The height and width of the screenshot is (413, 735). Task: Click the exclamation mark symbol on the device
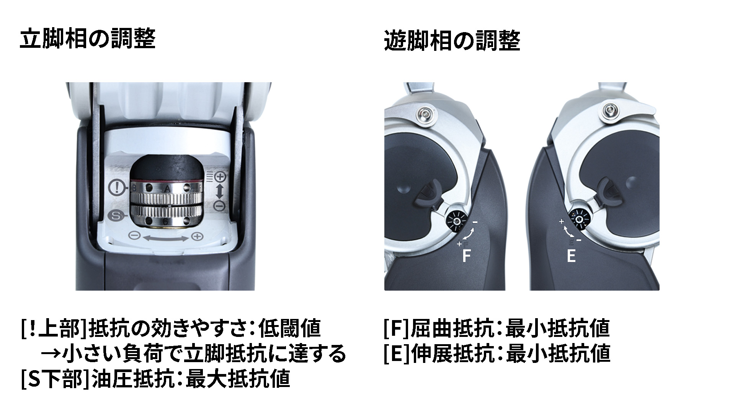point(115,187)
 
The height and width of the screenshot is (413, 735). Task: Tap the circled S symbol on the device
point(115,216)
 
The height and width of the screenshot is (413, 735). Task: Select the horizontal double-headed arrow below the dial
point(165,238)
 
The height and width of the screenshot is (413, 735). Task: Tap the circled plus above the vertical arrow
point(220,177)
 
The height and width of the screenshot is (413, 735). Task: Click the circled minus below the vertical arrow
point(220,206)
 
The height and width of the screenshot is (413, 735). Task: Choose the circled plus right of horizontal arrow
point(197,237)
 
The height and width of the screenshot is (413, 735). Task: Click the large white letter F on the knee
point(466,256)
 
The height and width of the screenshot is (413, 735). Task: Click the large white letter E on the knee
point(571,256)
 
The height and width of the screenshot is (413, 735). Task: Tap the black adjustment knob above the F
point(456,221)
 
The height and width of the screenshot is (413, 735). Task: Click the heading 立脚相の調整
point(88,39)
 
